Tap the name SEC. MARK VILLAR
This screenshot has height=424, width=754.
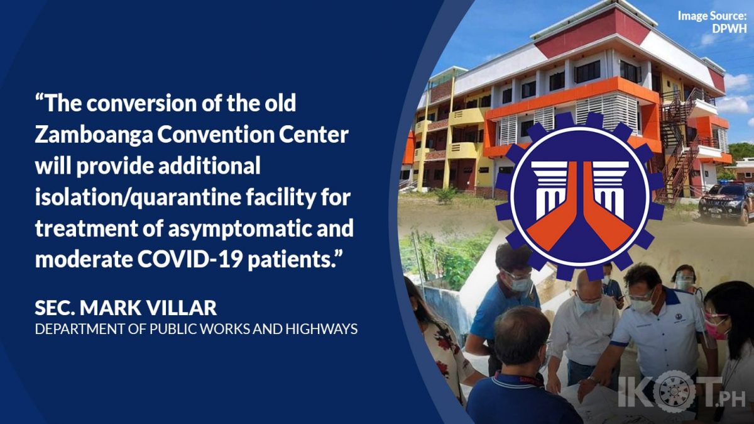126,308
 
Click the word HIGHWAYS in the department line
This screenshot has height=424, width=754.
322,329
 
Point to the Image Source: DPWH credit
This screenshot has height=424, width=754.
712,22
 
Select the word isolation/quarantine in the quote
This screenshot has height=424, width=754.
138,198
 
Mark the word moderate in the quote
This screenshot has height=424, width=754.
84,260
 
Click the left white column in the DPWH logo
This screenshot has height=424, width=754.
548,189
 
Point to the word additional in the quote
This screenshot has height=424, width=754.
209,166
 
